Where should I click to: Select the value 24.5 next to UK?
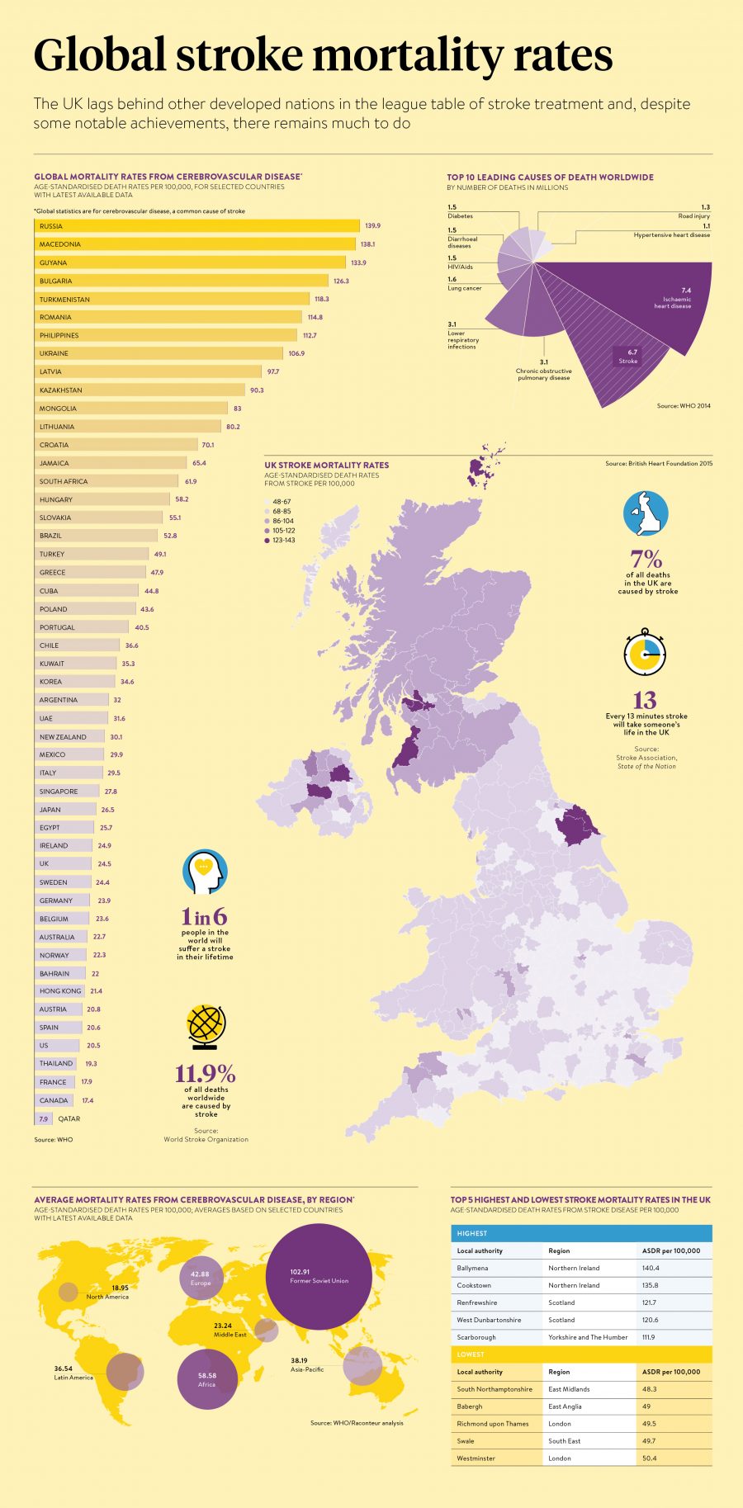pyautogui.click(x=104, y=863)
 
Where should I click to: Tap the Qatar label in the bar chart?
pyautogui.click(x=69, y=1118)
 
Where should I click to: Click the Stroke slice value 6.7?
pyautogui.click(x=632, y=352)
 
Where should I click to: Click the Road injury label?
pyautogui.click(x=693, y=216)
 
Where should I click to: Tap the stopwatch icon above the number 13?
pyautogui.click(x=645, y=652)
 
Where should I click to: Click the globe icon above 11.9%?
pyautogui.click(x=206, y=1027)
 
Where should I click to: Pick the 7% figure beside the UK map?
pyautogui.click(x=646, y=559)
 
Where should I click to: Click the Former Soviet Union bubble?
pyautogui.click(x=319, y=1276)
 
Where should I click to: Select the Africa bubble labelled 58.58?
pyautogui.click(x=207, y=1379)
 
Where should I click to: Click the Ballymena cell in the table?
pyautogui.click(x=472, y=1268)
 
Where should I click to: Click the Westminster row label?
pyautogui.click(x=476, y=1458)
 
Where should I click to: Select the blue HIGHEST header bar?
pyautogui.click(x=581, y=1233)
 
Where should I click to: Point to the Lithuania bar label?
pyautogui.click(x=57, y=427)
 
